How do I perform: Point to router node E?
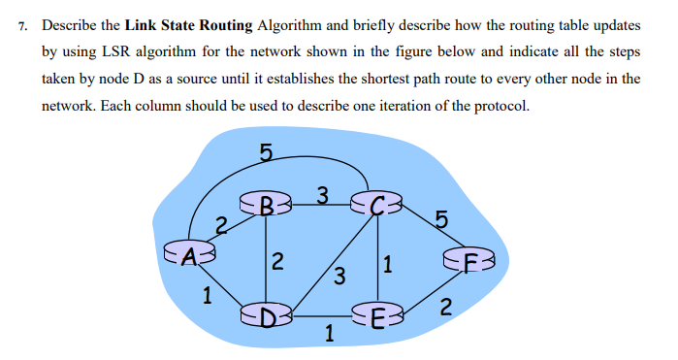[x=377, y=315]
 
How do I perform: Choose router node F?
[x=469, y=261]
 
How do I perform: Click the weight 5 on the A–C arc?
[x=266, y=151]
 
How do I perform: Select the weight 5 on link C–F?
[x=441, y=220]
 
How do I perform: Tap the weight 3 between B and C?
[x=322, y=195]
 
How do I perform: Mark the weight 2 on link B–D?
[x=277, y=260]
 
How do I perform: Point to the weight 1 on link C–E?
[x=388, y=262]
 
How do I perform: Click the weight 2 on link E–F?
[x=445, y=310]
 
